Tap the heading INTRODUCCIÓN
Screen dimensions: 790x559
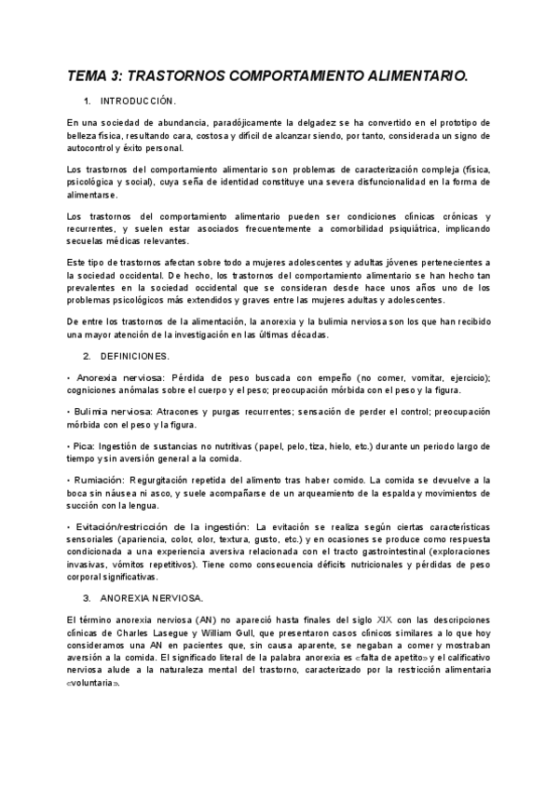click(x=137, y=101)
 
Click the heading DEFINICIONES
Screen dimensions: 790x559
click(x=134, y=356)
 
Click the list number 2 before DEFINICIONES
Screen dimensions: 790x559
click(x=87, y=356)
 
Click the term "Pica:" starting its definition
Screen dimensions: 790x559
click(x=81, y=446)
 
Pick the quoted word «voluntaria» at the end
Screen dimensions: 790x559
click(x=93, y=680)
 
